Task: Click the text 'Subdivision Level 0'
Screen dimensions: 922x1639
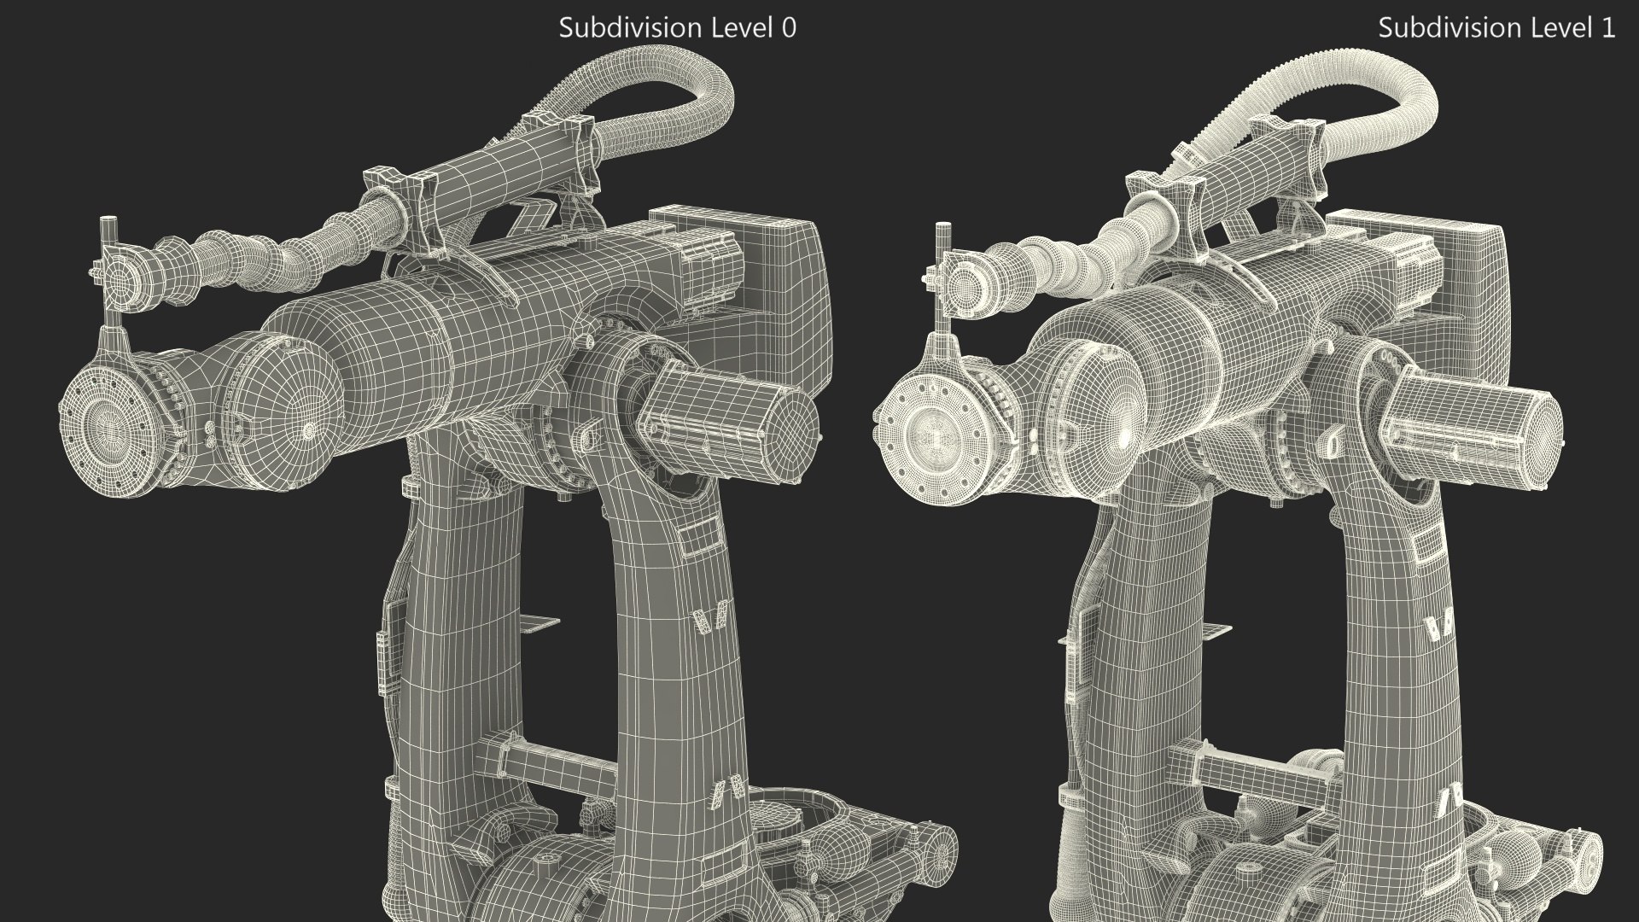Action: (677, 27)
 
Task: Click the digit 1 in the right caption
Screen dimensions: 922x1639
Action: (1607, 27)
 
